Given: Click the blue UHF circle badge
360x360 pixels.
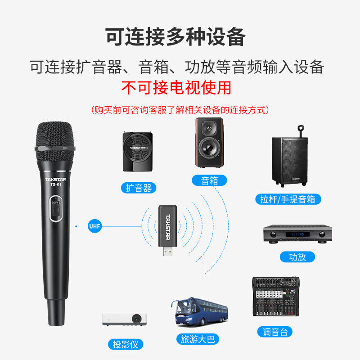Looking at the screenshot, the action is click(x=94, y=226).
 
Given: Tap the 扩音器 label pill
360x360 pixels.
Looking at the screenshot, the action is click(x=139, y=188).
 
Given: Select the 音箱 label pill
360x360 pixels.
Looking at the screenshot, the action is click(x=209, y=180).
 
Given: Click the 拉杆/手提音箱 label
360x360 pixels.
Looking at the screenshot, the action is click(x=288, y=199).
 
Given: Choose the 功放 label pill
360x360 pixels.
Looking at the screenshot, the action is click(x=297, y=257).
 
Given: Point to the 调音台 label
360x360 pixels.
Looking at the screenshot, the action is click(x=275, y=332).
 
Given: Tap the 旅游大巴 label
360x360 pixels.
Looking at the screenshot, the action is click(x=198, y=339).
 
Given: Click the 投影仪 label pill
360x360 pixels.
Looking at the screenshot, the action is click(x=126, y=344).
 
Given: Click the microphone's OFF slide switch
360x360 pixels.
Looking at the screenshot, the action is click(x=56, y=209).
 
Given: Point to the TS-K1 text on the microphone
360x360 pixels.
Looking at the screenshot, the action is click(x=56, y=184).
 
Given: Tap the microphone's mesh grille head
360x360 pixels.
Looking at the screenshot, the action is click(x=55, y=141).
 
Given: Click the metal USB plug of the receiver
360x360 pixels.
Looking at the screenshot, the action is click(x=167, y=251).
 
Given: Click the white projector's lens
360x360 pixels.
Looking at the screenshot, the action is click(x=136, y=319).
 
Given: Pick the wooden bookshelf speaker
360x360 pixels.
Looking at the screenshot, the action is click(x=209, y=143).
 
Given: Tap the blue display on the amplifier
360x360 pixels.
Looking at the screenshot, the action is click(x=297, y=234).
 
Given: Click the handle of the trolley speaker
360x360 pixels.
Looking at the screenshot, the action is click(x=301, y=131).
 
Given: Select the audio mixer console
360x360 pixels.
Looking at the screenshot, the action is click(x=276, y=297).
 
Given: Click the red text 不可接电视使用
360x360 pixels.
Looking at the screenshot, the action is click(x=176, y=88).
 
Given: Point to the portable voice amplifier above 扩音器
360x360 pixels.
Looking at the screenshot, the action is click(x=138, y=152).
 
